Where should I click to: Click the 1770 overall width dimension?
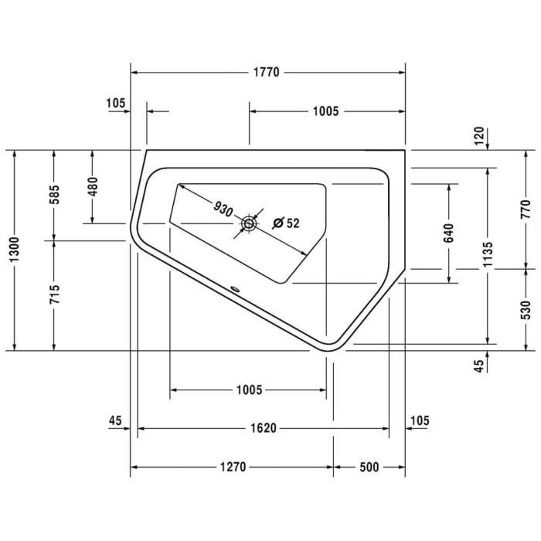267,73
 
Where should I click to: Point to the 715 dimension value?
53,295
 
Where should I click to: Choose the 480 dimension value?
92,187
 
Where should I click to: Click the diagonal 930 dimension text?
223,209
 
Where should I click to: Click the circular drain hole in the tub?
249,224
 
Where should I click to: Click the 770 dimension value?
526,209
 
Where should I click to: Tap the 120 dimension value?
479,137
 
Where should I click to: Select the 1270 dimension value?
232,467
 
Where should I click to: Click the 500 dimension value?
369,467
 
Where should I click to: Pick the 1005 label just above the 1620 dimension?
249,390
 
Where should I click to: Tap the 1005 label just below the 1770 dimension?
326,111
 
